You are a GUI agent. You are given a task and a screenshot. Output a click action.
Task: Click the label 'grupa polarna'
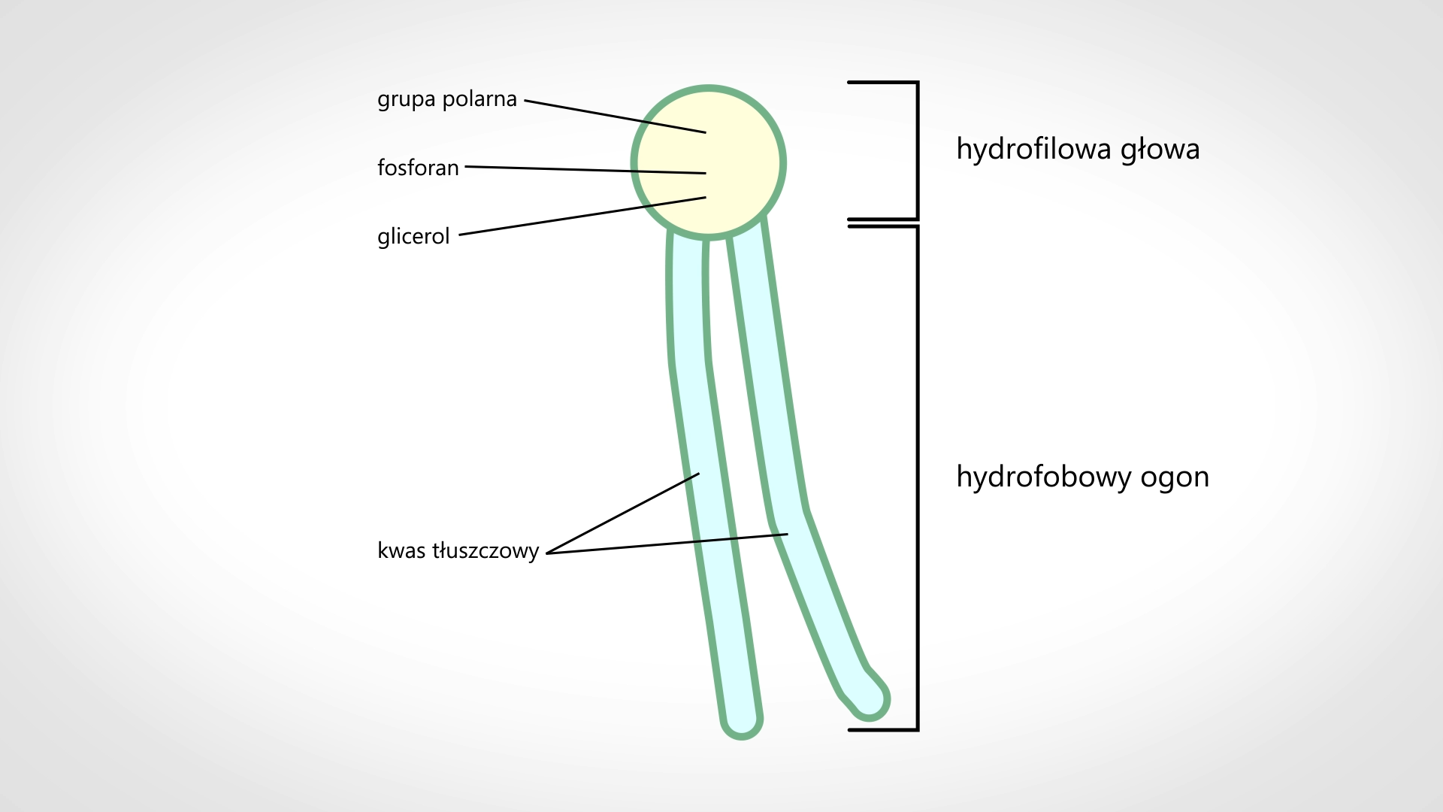447,99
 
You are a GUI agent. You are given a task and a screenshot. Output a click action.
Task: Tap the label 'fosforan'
418,168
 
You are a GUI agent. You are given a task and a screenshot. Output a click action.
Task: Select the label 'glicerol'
413,237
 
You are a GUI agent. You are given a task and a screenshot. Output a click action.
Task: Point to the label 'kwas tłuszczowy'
458,551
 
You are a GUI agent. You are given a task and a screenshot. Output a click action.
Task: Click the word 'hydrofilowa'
1033,149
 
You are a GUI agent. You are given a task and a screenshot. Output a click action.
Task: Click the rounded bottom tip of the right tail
870,699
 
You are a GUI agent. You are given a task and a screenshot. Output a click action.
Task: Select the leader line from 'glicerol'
582,217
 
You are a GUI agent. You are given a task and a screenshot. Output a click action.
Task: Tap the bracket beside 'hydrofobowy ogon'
916,477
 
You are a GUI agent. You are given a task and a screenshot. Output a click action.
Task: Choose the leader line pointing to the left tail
624,514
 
